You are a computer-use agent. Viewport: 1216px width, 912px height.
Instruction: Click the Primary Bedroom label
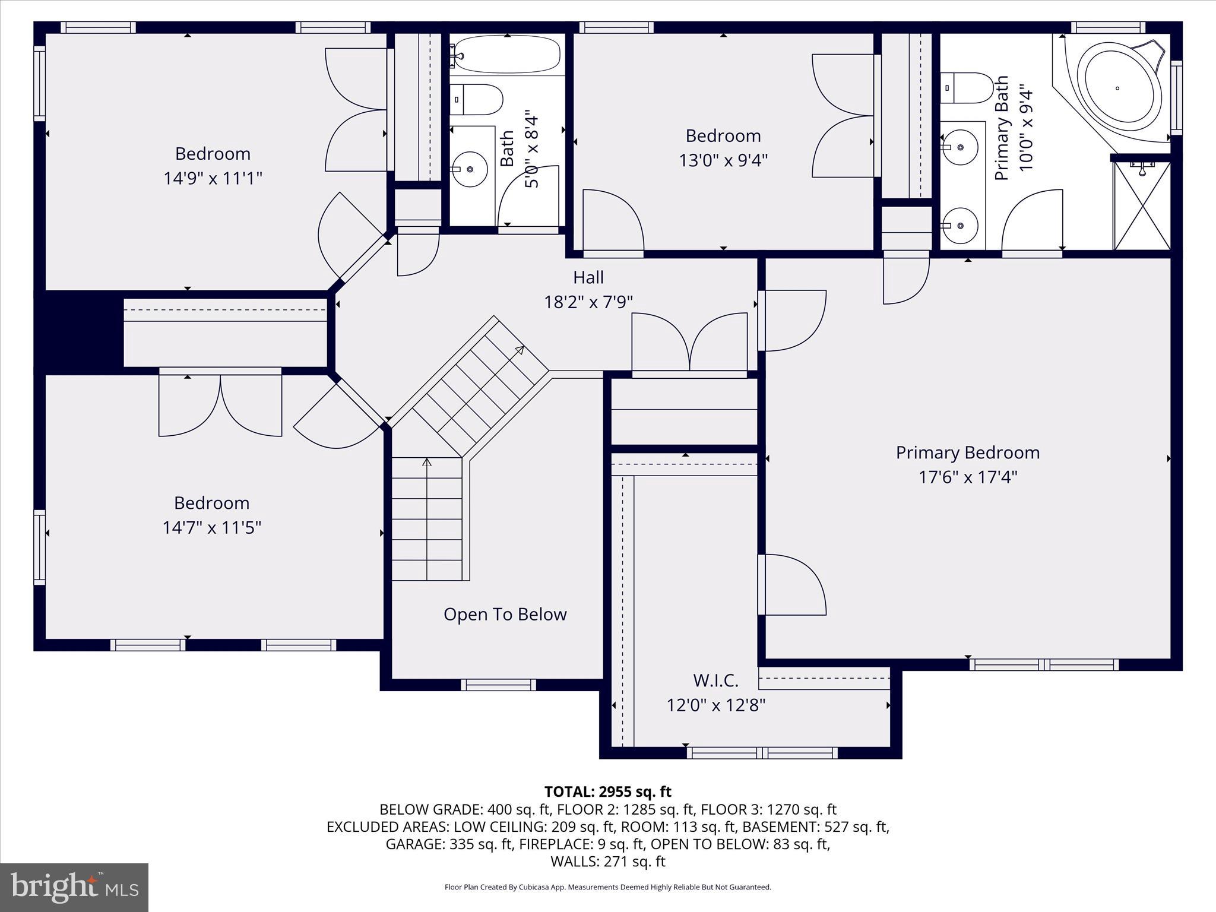pyautogui.click(x=967, y=452)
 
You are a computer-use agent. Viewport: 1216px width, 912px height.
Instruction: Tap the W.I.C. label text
pyautogui.click(x=715, y=680)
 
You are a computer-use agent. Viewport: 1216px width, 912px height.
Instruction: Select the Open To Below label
pyautogui.click(x=505, y=614)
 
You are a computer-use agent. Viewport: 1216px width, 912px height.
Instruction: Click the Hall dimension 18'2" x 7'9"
pyautogui.click(x=588, y=302)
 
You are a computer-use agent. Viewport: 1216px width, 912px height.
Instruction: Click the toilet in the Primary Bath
pyautogui.click(x=967, y=88)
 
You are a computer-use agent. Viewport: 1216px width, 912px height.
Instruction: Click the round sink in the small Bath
pyautogui.click(x=470, y=169)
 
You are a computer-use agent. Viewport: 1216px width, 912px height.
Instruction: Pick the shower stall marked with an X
pyautogui.click(x=1141, y=205)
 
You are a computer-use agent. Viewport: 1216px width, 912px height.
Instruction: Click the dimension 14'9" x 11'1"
pyautogui.click(x=213, y=178)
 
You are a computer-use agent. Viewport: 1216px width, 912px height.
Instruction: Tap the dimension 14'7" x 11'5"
pyautogui.click(x=211, y=527)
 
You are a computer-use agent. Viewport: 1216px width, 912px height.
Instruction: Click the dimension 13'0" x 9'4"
pyautogui.click(x=723, y=160)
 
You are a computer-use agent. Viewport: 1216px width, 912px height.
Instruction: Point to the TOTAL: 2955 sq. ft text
pyautogui.click(x=607, y=791)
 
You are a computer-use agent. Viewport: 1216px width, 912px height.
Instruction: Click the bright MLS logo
pyautogui.click(x=74, y=888)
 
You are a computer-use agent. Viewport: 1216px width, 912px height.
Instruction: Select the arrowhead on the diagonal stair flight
pyautogui.click(x=520, y=350)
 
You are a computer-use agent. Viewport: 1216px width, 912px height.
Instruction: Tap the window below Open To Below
pyautogui.click(x=498, y=685)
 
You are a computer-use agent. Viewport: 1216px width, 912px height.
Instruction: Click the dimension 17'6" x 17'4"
pyautogui.click(x=967, y=477)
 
